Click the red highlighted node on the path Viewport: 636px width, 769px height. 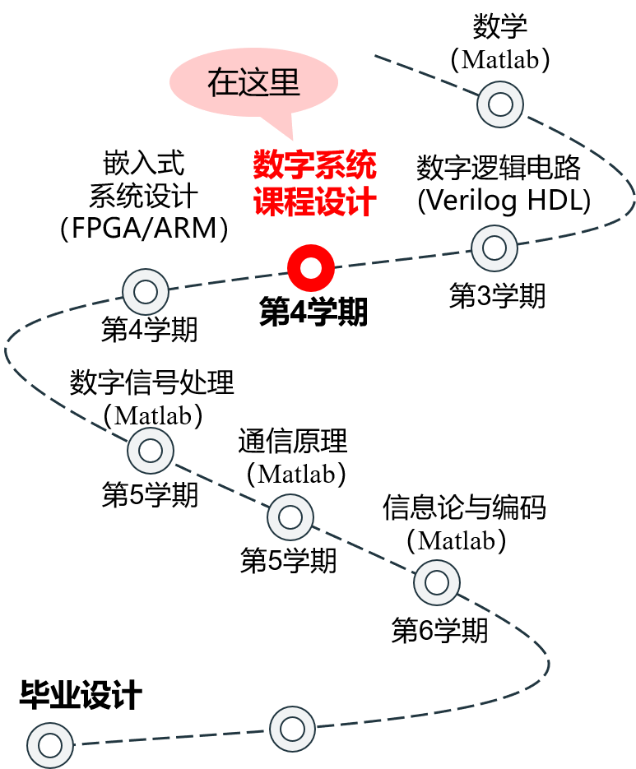311,268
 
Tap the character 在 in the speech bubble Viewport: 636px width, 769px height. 222,83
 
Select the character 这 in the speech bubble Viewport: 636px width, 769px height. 253,83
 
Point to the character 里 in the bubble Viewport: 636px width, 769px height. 285,83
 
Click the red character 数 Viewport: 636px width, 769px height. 268,165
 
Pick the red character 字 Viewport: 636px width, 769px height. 299,165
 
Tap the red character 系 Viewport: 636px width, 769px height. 331,165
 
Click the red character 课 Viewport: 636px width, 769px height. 268,202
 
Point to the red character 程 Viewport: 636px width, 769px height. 299,202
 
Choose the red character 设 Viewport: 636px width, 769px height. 331,202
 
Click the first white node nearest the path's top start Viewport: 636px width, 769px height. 500,104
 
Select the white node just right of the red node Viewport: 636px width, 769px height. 494,248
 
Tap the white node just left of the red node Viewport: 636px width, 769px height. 146,292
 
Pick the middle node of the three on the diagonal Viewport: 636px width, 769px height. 290,517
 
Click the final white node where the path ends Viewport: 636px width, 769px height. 50,745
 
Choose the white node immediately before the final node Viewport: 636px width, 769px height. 293,729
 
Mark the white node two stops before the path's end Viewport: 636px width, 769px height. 437,582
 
